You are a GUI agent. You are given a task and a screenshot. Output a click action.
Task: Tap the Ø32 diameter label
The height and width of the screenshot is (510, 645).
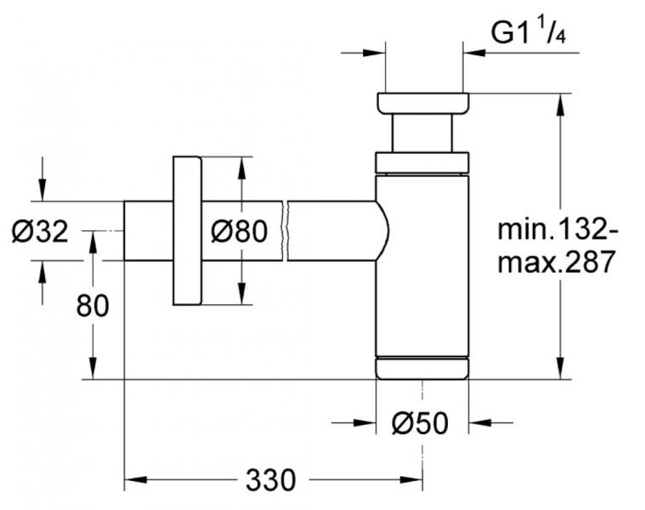pyautogui.click(x=40, y=230)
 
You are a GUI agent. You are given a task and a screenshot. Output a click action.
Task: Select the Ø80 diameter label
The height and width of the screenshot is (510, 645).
pyautogui.click(x=239, y=230)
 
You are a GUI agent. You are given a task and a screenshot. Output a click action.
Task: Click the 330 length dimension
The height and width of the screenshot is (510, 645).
pyautogui.click(x=271, y=480)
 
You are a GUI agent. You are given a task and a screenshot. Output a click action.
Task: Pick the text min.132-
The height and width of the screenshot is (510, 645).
pyautogui.click(x=553, y=229)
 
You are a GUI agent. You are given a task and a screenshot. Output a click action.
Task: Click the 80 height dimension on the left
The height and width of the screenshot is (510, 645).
pyautogui.click(x=93, y=305)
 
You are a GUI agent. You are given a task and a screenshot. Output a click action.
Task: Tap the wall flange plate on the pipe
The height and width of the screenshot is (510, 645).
pyautogui.click(x=187, y=230)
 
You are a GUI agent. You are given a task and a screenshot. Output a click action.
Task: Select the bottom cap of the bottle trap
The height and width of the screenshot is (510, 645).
pyautogui.click(x=422, y=368)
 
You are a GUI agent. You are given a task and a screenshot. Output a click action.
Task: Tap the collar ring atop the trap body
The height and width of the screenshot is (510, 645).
pyautogui.click(x=422, y=162)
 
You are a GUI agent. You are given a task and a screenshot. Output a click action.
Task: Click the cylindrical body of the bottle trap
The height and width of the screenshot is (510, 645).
pyautogui.click(x=422, y=263)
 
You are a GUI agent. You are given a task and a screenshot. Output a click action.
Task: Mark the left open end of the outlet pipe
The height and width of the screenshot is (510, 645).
pyautogui.click(x=126, y=230)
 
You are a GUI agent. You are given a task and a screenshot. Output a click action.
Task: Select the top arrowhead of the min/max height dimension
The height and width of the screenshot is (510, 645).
pyautogui.click(x=560, y=101)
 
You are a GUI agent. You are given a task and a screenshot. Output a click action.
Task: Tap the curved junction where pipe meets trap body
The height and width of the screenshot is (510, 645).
pyautogui.click(x=382, y=230)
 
